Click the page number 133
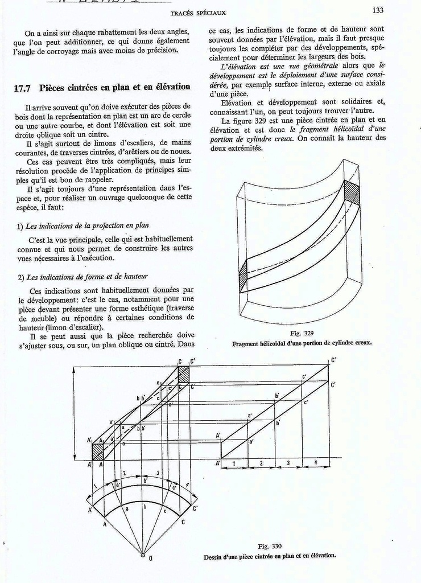coord(378,10)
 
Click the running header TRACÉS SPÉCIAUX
coord(198,13)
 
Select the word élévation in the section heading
coord(169,87)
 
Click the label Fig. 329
coord(302,333)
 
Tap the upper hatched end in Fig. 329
coord(352,192)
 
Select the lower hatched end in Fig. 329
coord(243,276)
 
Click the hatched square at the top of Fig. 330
coord(184,375)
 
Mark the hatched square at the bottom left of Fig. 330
coord(97,451)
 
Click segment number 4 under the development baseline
coord(316,463)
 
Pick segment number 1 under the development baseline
coord(234,463)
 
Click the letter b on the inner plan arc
coord(145,506)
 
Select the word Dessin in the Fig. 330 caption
coord(214,556)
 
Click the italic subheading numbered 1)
coord(83,225)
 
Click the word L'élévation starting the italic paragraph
coord(240,66)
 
